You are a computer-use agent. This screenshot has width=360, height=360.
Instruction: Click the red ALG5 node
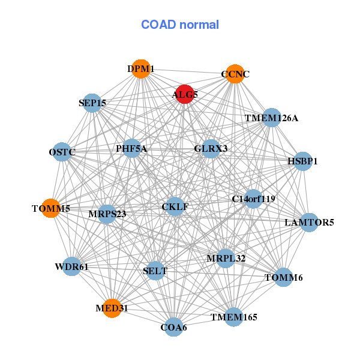point(184,94)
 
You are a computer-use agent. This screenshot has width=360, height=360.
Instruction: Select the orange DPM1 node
point(140,69)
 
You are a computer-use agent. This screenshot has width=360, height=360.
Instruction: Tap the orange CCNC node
point(235,74)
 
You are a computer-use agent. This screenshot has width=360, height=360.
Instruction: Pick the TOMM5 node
point(51,208)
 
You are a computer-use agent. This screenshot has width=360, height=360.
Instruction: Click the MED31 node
point(112,308)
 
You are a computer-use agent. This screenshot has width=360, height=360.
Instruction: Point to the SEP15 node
point(92,103)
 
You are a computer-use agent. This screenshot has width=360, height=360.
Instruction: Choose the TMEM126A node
point(271,118)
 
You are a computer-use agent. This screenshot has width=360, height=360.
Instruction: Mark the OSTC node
point(62,152)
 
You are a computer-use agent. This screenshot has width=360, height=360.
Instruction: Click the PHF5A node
point(132,148)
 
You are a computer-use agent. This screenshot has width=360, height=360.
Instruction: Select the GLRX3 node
point(211,148)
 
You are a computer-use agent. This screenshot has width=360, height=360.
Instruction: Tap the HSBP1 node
point(302,161)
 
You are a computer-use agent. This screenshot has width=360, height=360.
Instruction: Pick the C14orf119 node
point(253,199)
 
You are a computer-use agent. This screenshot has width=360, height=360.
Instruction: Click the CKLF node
point(175,207)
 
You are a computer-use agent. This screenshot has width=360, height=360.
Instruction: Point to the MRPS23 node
point(106,214)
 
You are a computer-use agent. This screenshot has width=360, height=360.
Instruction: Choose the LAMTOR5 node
point(309,223)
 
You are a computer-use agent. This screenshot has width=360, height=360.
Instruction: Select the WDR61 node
point(71,266)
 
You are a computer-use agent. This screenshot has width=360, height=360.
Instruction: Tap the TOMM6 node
point(284,277)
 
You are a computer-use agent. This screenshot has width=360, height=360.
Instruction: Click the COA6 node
point(174,327)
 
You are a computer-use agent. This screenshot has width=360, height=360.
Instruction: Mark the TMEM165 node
point(233,316)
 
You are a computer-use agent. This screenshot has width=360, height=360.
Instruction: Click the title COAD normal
point(180,25)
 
